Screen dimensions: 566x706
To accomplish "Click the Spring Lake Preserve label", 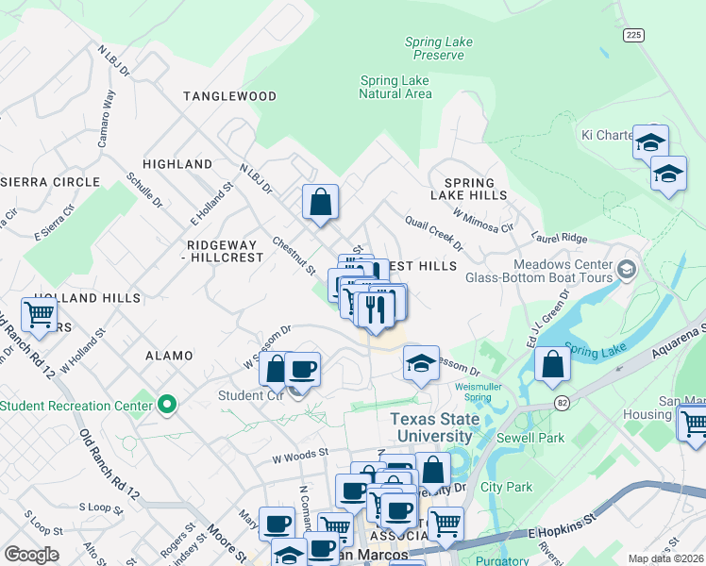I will [x=438, y=48].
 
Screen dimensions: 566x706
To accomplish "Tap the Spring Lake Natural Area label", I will [x=395, y=87].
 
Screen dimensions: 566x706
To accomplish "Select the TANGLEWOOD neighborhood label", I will [x=229, y=96].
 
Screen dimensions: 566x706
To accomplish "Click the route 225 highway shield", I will [x=632, y=34].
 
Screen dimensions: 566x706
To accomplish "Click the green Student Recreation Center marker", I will [x=168, y=406].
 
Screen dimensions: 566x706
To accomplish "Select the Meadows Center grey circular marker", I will [x=624, y=271].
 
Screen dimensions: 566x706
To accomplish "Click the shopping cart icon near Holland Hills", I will [x=39, y=314].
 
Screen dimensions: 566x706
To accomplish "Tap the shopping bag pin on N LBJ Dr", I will [x=320, y=200].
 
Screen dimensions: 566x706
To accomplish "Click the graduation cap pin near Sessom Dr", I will [x=421, y=362].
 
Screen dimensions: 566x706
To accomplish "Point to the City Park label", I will [x=506, y=488].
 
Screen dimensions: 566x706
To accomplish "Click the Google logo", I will [x=31, y=554].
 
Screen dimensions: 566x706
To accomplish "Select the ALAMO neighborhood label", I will [x=169, y=356].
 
